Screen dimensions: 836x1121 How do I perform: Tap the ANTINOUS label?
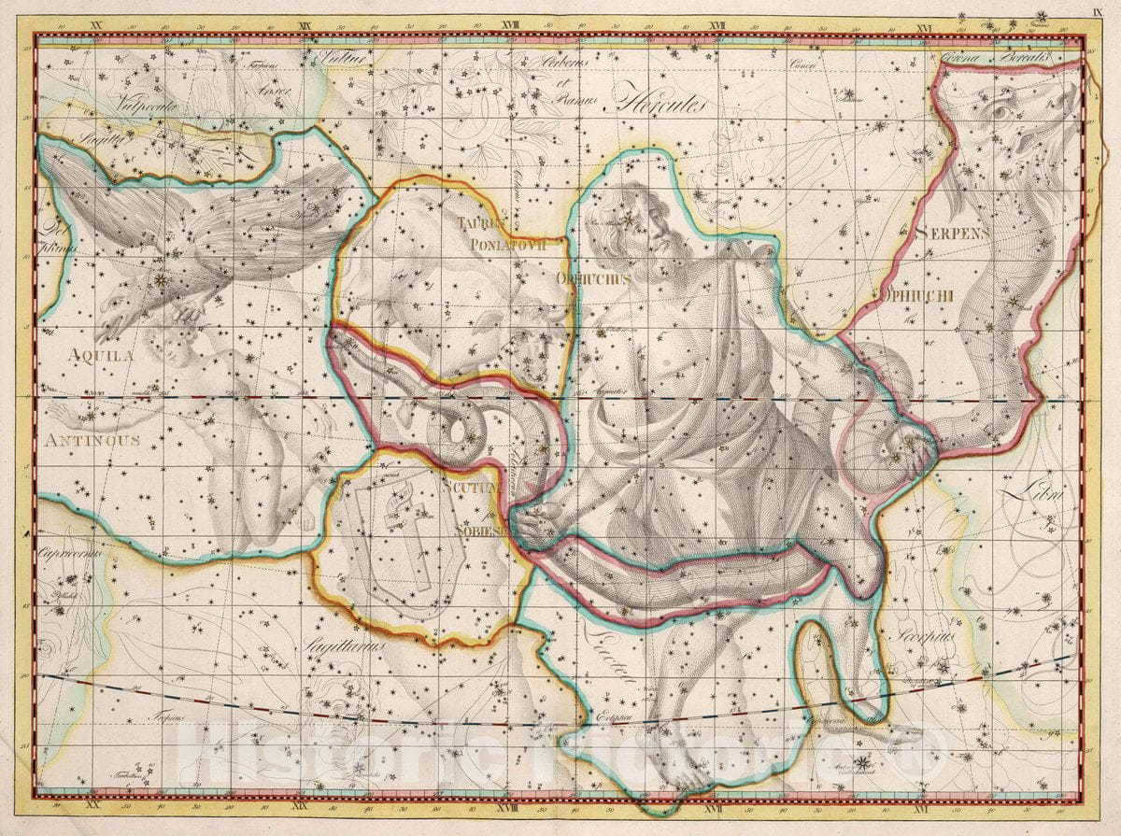click(91, 439)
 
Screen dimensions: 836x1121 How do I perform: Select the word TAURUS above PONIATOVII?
click(482, 223)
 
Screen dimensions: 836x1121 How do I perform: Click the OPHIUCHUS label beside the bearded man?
click(593, 278)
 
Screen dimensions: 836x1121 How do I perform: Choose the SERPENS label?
click(951, 233)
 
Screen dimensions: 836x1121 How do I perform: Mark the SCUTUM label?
click(465, 486)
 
